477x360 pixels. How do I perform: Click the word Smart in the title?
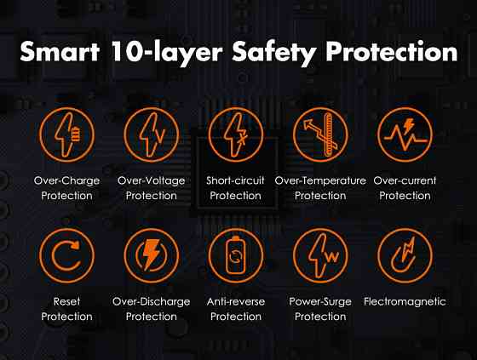click(x=60, y=51)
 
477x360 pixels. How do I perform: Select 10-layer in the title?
click(x=167, y=54)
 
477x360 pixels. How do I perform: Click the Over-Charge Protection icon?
click(x=67, y=134)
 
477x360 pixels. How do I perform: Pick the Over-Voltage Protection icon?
click(x=152, y=134)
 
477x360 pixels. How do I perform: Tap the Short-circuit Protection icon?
click(x=236, y=134)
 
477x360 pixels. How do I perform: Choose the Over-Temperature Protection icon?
click(x=320, y=134)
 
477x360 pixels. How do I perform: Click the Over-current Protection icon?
click(x=405, y=134)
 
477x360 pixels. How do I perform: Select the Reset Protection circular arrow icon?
click(x=67, y=255)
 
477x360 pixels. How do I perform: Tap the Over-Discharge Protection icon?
click(x=152, y=255)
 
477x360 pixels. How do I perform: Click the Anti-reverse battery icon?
click(x=236, y=255)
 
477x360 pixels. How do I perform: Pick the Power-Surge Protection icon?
click(x=320, y=255)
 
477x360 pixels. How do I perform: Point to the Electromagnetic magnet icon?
click(x=405, y=255)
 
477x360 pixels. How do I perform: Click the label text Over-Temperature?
click(x=320, y=180)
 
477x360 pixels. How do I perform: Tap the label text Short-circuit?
click(x=235, y=180)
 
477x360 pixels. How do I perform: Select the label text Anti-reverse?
click(x=236, y=301)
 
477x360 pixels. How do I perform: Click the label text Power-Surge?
click(x=320, y=302)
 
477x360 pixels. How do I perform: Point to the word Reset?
click(x=67, y=301)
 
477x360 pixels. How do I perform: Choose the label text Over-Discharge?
click(x=152, y=302)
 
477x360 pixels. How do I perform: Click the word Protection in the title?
click(x=392, y=51)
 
